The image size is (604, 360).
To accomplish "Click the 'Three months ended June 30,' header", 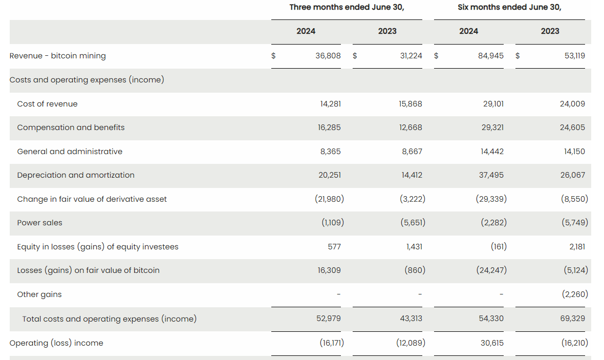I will coord(347,7).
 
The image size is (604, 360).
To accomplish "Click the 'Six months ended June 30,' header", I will coord(509,7).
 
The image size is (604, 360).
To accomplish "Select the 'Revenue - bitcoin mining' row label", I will coord(58,56).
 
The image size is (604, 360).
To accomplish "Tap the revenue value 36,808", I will coord(328,56).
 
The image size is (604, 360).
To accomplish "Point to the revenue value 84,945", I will coord(490,56).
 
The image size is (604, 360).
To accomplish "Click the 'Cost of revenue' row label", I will coord(48,104).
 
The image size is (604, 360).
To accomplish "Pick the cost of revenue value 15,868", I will coord(411,104).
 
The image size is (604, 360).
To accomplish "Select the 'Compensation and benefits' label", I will coord(71,128).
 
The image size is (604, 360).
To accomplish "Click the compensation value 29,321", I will coord(492,128).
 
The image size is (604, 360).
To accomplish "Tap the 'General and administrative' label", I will coord(70,152).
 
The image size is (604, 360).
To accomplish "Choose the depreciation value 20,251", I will coord(330,175).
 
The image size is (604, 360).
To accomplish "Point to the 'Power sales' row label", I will coord(40,223).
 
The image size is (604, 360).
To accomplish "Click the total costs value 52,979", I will coord(329,319).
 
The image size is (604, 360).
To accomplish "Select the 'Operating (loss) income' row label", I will coord(56,343).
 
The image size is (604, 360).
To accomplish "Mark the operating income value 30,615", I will coord(492,343).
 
